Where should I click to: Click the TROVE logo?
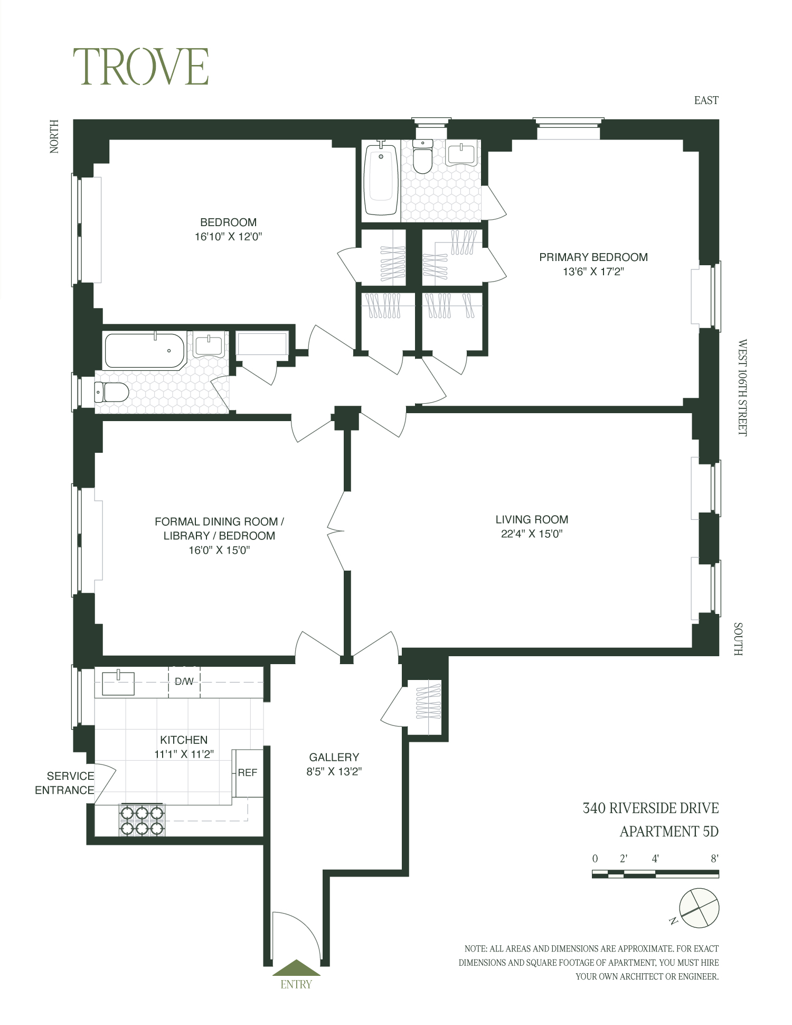click(x=140, y=67)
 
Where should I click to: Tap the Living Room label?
click(x=531, y=519)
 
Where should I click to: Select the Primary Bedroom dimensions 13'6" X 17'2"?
click(x=593, y=272)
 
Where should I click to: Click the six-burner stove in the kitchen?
click(x=142, y=820)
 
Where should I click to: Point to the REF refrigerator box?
click(x=248, y=772)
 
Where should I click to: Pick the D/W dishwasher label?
click(x=184, y=682)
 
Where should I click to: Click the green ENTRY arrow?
click(x=296, y=968)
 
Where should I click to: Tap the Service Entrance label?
click(x=65, y=783)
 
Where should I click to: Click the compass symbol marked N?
click(x=699, y=907)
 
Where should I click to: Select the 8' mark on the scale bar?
click(x=714, y=859)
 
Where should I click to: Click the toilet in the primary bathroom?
click(x=423, y=157)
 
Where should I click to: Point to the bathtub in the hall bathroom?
click(x=144, y=350)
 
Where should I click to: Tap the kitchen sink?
click(x=118, y=683)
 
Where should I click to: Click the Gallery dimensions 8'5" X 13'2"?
click(x=334, y=771)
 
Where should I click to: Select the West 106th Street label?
click(x=742, y=387)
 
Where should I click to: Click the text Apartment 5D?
click(x=668, y=832)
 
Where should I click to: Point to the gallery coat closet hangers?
click(x=428, y=702)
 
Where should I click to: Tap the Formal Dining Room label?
click(x=219, y=521)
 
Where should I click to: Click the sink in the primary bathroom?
click(x=463, y=154)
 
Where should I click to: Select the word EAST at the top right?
click(x=706, y=100)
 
